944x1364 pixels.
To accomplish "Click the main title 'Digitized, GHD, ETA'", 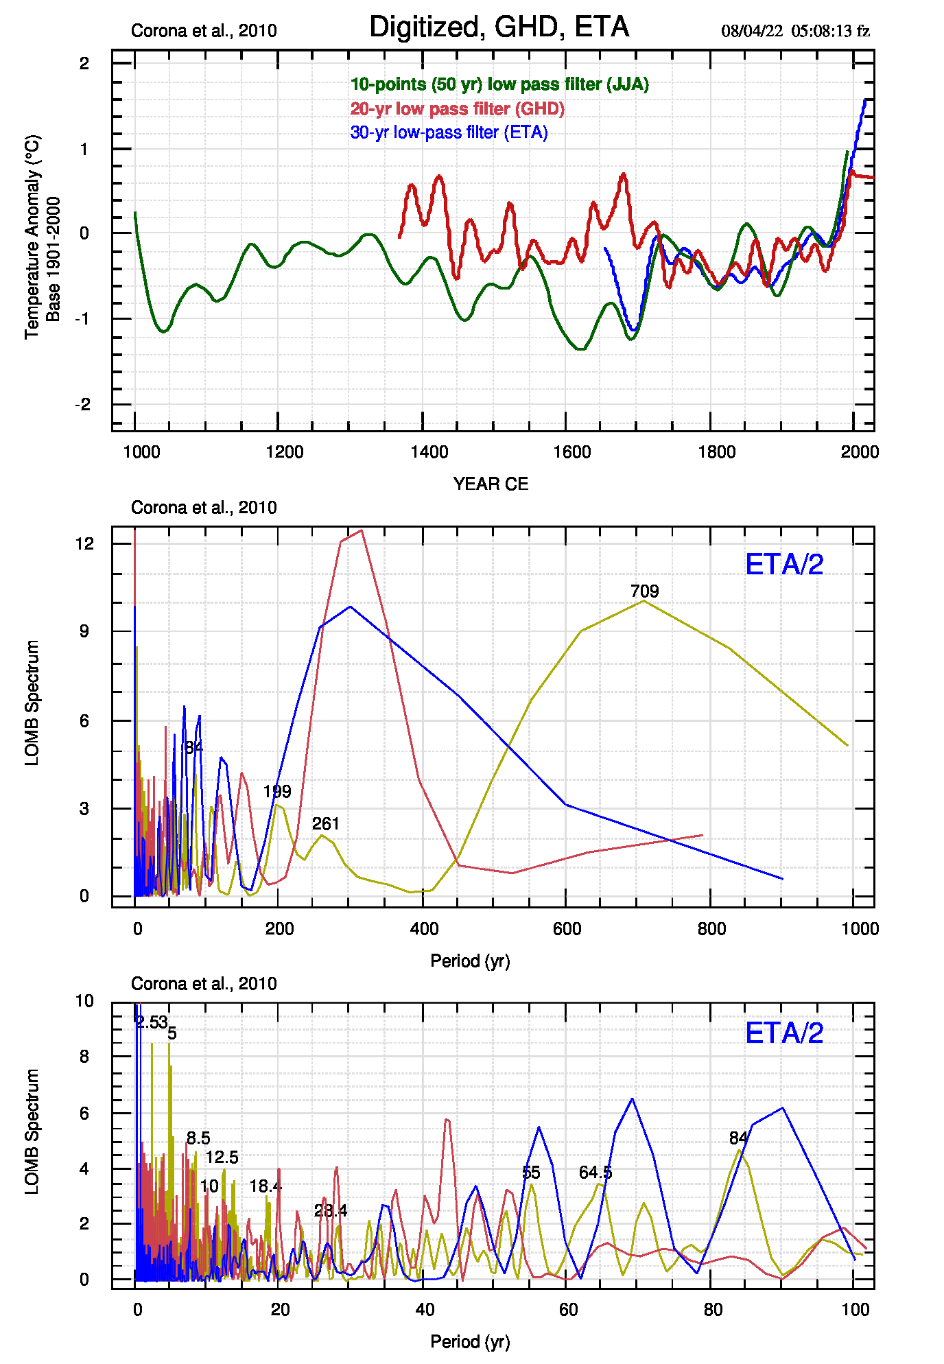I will (x=499, y=27).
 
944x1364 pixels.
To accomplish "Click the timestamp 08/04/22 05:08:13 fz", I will (x=795, y=31).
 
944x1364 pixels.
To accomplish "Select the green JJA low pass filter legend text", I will (x=499, y=84).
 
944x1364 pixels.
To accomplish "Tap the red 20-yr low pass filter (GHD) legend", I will (x=457, y=108).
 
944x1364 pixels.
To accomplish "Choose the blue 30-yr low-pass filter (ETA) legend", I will (x=449, y=132).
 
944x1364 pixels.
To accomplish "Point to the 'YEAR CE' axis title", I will (x=491, y=484).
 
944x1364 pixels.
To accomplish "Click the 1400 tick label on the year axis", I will (x=429, y=452).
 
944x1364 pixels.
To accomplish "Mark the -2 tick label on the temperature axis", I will (x=83, y=404).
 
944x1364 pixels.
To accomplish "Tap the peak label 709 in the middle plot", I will (x=644, y=591).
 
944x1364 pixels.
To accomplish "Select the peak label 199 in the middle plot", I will (x=277, y=792).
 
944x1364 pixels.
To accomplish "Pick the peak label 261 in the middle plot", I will (x=325, y=824).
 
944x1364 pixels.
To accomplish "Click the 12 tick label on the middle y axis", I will (x=84, y=543).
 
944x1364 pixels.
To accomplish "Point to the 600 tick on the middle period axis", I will (x=567, y=929).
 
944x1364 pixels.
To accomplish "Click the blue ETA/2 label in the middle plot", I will (x=783, y=565).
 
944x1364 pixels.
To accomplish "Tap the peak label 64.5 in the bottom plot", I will (x=595, y=1173).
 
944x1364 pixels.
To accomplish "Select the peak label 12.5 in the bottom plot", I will (x=222, y=1157).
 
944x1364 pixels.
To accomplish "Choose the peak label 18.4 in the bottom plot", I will (x=265, y=1186).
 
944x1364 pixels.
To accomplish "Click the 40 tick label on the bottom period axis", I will (x=425, y=1310).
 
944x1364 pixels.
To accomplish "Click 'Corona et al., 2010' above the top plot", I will (x=204, y=31).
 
